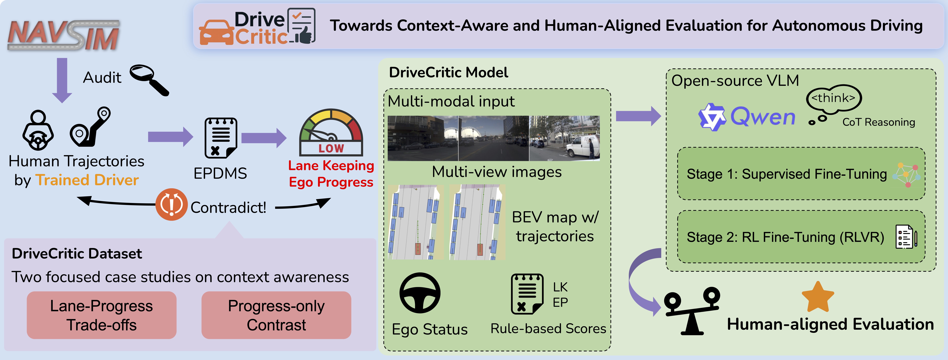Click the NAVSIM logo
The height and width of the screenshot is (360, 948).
pyautogui.click(x=63, y=35)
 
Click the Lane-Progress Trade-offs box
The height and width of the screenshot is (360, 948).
pyautogui.click(x=102, y=315)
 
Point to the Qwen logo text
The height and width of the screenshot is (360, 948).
pyautogui.click(x=762, y=117)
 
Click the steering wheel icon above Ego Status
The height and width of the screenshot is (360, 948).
pyautogui.click(x=420, y=293)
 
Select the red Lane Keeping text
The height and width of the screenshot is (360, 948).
pyautogui.click(x=331, y=166)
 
